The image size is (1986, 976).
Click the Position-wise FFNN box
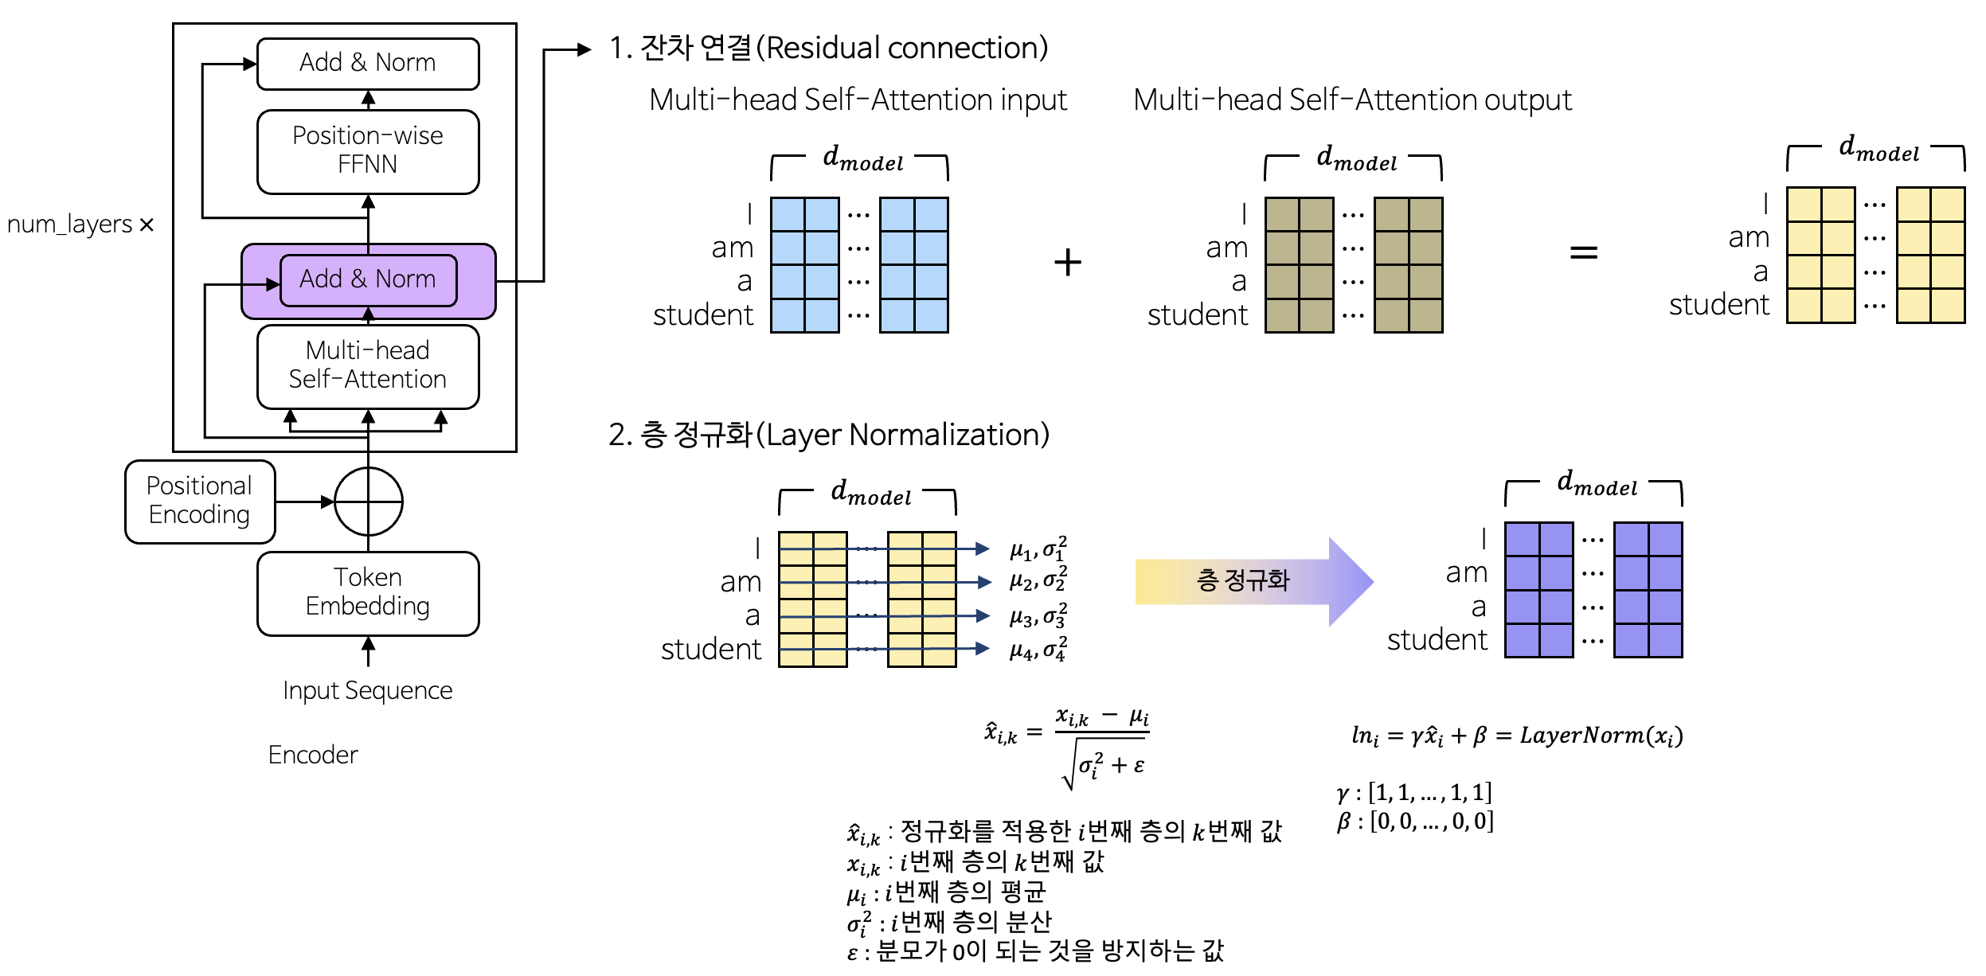368,151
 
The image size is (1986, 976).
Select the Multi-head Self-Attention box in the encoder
368,365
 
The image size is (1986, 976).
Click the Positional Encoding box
200,502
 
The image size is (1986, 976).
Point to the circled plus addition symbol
369,502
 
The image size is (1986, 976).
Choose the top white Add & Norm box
368,63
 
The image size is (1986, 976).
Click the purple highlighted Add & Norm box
368,279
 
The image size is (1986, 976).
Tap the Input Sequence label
368,690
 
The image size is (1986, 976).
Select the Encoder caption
313,755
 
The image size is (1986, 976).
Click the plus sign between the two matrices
1068,263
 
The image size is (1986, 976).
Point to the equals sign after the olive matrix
1583,253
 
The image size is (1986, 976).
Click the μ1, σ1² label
1038,549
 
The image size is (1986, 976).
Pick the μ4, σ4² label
1038,650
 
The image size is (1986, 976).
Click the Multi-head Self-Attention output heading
1352,100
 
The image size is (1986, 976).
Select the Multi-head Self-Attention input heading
858,100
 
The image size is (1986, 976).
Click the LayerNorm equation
1517,736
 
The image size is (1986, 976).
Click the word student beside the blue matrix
703,315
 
